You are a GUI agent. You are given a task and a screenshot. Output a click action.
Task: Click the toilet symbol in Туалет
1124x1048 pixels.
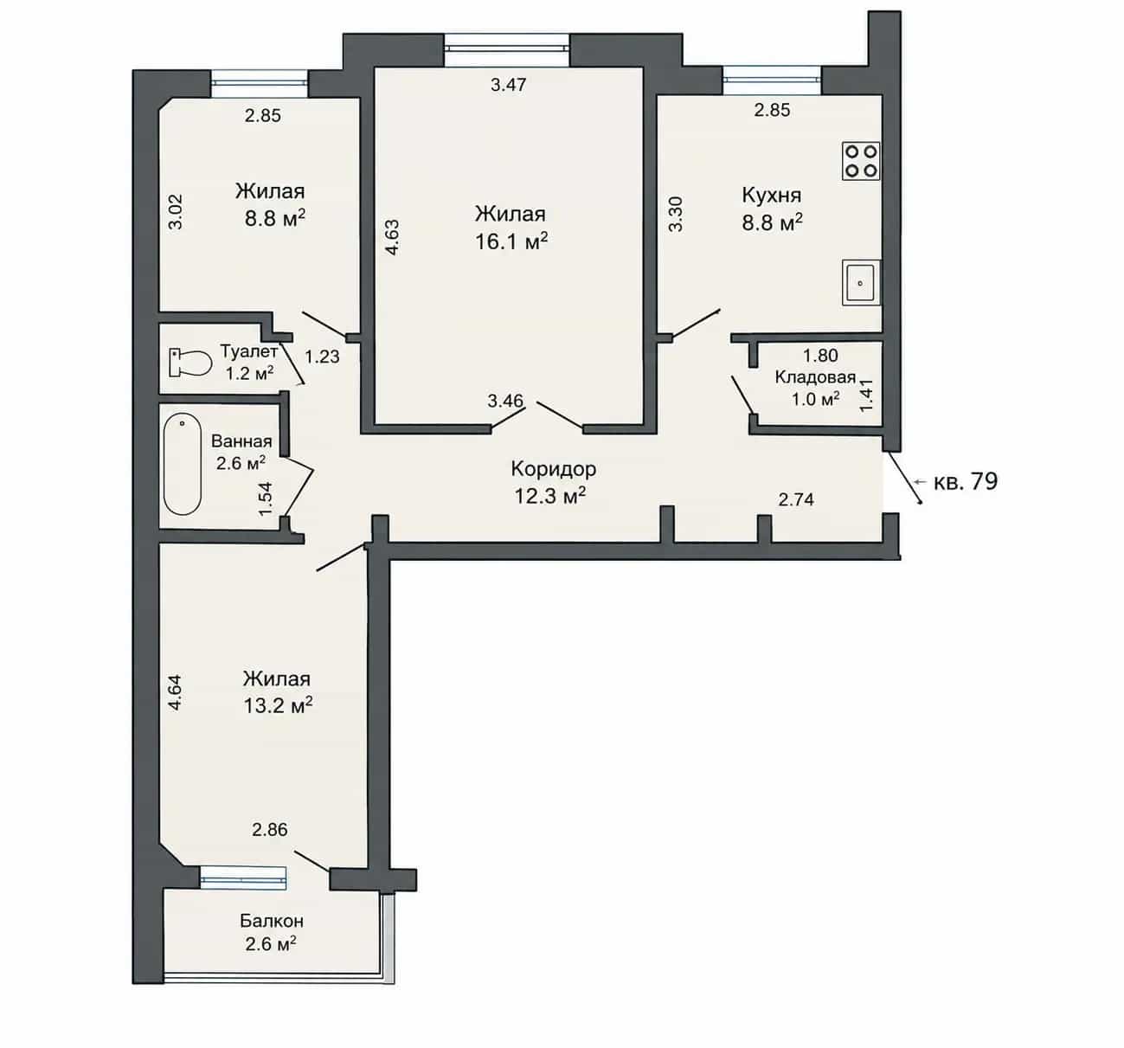(x=189, y=363)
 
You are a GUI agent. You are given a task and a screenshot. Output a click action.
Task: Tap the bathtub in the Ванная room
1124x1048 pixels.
(x=183, y=464)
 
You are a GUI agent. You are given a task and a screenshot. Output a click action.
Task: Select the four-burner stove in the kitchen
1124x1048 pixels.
(x=861, y=161)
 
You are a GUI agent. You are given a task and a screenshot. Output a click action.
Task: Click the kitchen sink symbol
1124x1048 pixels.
(x=861, y=282)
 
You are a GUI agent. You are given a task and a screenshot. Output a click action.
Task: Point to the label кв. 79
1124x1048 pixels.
(x=965, y=481)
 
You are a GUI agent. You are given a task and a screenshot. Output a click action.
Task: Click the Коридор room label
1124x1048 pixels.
(x=553, y=469)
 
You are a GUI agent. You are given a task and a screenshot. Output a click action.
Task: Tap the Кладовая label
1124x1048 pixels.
(x=815, y=377)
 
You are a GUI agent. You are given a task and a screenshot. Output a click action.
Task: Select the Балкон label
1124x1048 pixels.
(x=272, y=921)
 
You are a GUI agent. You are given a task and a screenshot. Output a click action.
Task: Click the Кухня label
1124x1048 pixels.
(x=772, y=196)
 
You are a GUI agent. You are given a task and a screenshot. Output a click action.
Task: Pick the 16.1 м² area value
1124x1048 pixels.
(x=511, y=241)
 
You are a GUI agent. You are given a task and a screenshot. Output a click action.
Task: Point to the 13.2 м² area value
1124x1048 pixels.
(x=278, y=705)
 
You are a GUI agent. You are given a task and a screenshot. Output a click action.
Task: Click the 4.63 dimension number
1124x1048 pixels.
(x=392, y=237)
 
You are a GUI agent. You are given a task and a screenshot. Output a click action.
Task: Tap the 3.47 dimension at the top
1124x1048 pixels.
(x=508, y=85)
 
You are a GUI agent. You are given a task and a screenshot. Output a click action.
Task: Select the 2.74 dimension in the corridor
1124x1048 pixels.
(x=796, y=499)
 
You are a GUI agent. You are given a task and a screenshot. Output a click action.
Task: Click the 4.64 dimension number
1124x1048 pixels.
(x=175, y=692)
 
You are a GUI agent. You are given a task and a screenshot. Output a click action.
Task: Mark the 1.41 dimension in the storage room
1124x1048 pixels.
(x=866, y=395)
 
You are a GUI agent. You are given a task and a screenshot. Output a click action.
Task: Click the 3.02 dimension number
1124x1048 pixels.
(x=176, y=212)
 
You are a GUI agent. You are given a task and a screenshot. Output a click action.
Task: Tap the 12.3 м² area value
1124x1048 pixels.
(x=549, y=496)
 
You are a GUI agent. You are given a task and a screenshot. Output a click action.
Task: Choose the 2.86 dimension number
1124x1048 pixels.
(x=269, y=829)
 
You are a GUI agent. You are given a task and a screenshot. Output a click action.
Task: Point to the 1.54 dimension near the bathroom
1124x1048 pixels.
(x=265, y=498)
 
